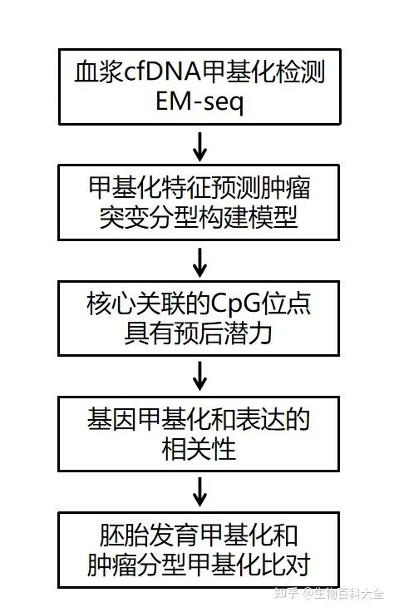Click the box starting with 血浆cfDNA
(199, 87)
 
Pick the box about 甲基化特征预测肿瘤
(199, 202)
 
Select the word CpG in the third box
(224, 304)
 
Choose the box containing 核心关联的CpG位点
(199, 318)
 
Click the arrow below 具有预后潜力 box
(199, 377)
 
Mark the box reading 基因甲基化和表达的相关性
(199, 433)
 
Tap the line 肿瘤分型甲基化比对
(199, 566)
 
